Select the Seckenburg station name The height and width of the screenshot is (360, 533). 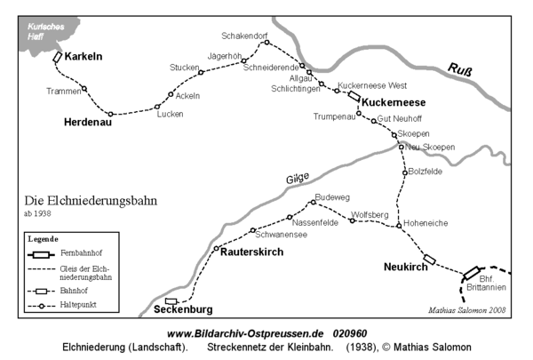pyautogui.click(x=183, y=309)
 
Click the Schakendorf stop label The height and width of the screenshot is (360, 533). pyautogui.click(x=245, y=36)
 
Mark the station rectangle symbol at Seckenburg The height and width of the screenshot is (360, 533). pyautogui.click(x=171, y=301)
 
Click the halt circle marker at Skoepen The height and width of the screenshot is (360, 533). pyautogui.click(x=394, y=136)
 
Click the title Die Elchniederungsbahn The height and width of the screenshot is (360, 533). pyautogui.click(x=91, y=201)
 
